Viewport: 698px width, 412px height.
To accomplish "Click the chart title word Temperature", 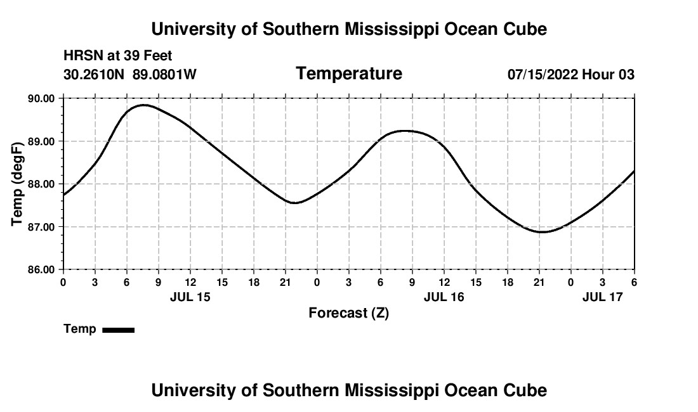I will pyautogui.click(x=349, y=74).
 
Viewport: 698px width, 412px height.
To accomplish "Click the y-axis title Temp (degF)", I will pyautogui.click(x=17, y=184).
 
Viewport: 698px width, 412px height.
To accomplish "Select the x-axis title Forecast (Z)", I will pyautogui.click(x=348, y=312).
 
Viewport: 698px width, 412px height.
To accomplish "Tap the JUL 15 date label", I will pyautogui.click(x=190, y=297).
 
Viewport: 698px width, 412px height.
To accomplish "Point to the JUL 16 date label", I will pyautogui.click(x=444, y=297).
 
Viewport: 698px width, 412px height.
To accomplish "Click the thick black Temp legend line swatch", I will pyautogui.click(x=119, y=330).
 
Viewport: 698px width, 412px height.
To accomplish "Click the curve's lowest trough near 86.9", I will pyautogui.click(x=542, y=232).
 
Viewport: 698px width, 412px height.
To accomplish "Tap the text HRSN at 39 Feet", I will pyautogui.click(x=118, y=56).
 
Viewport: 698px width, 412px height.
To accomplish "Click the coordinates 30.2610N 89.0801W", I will pyautogui.click(x=130, y=75).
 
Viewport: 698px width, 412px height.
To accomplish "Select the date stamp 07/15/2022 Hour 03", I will pyautogui.click(x=571, y=75).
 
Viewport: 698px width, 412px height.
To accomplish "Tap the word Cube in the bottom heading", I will pyautogui.click(x=526, y=390).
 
